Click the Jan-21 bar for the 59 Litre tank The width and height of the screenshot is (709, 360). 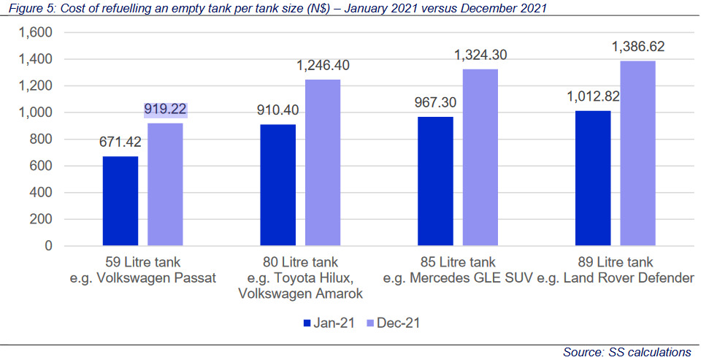[x=120, y=201]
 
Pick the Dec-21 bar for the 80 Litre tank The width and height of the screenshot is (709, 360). [x=323, y=163]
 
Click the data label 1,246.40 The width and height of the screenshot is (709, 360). [x=323, y=66]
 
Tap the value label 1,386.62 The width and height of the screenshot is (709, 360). [x=637, y=47]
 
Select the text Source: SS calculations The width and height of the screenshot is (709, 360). [x=626, y=352]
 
